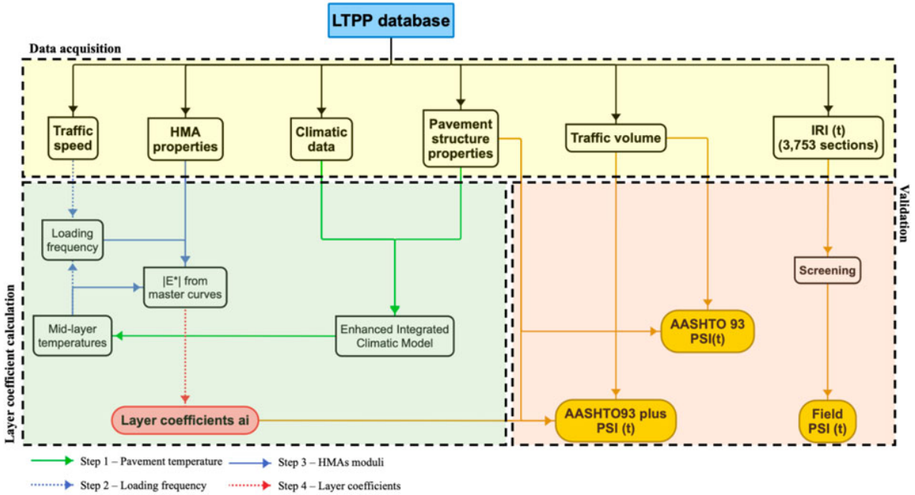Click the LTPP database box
[x=392, y=21]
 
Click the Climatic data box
[x=319, y=138]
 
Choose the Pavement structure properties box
[x=461, y=138]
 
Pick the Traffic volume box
[x=616, y=137]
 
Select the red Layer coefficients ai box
[x=186, y=419]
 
